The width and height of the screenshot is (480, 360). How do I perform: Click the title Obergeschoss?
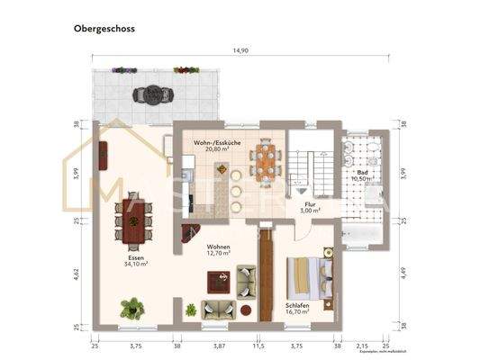105,29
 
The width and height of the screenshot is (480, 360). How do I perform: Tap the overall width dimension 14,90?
240,50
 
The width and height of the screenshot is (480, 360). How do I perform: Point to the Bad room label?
362,171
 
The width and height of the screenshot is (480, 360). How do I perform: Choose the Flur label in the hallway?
310,203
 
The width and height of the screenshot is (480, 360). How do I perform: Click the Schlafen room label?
298,306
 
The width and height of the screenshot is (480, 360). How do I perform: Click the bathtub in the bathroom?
361,234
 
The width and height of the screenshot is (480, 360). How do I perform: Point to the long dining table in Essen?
135,220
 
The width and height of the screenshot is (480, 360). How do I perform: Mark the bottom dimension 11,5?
258,345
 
